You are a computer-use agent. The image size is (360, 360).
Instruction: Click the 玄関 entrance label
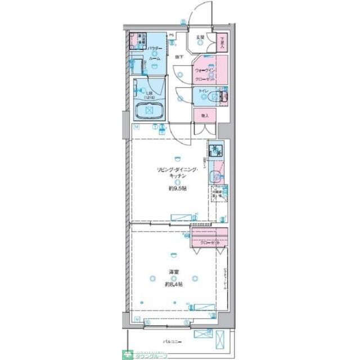click(200, 38)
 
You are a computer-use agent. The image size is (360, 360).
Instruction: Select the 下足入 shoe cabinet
click(223, 43)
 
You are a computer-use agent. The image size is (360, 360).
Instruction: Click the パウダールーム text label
click(155, 54)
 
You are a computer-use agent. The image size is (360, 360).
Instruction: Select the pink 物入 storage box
click(205, 115)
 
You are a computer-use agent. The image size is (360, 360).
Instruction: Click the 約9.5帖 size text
click(176, 188)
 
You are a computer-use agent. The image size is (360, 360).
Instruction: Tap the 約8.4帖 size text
click(173, 285)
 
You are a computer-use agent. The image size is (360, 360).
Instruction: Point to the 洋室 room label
click(174, 273)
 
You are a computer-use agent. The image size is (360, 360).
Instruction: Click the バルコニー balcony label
click(172, 341)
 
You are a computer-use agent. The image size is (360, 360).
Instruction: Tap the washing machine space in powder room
click(136, 42)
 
